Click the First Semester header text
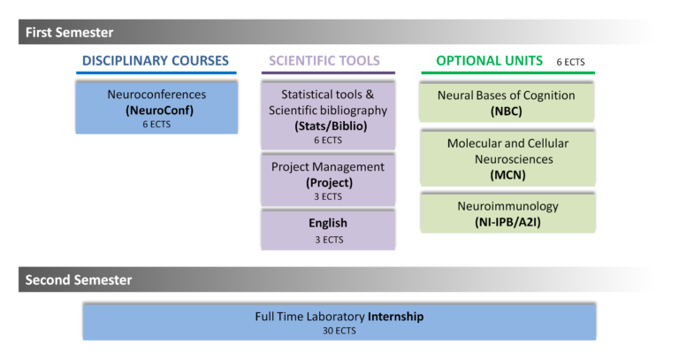click(69, 33)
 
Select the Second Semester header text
click(79, 280)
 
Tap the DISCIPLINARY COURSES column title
click(156, 61)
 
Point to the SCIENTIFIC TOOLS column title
click(324, 61)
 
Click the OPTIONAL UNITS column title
click(489, 61)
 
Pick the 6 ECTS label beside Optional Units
click(571, 62)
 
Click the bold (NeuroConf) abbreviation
click(159, 111)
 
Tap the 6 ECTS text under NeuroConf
click(156, 125)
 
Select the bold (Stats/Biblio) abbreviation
click(331, 126)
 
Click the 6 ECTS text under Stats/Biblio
click(328, 141)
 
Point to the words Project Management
click(328, 167)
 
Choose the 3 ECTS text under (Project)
click(328, 196)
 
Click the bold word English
click(328, 223)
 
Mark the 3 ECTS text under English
click(329, 240)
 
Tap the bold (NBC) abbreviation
click(507, 111)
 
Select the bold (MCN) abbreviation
click(508, 175)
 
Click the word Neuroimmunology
click(508, 206)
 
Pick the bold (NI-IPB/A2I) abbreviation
click(507, 222)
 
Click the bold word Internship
click(395, 317)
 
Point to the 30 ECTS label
click(339, 331)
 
